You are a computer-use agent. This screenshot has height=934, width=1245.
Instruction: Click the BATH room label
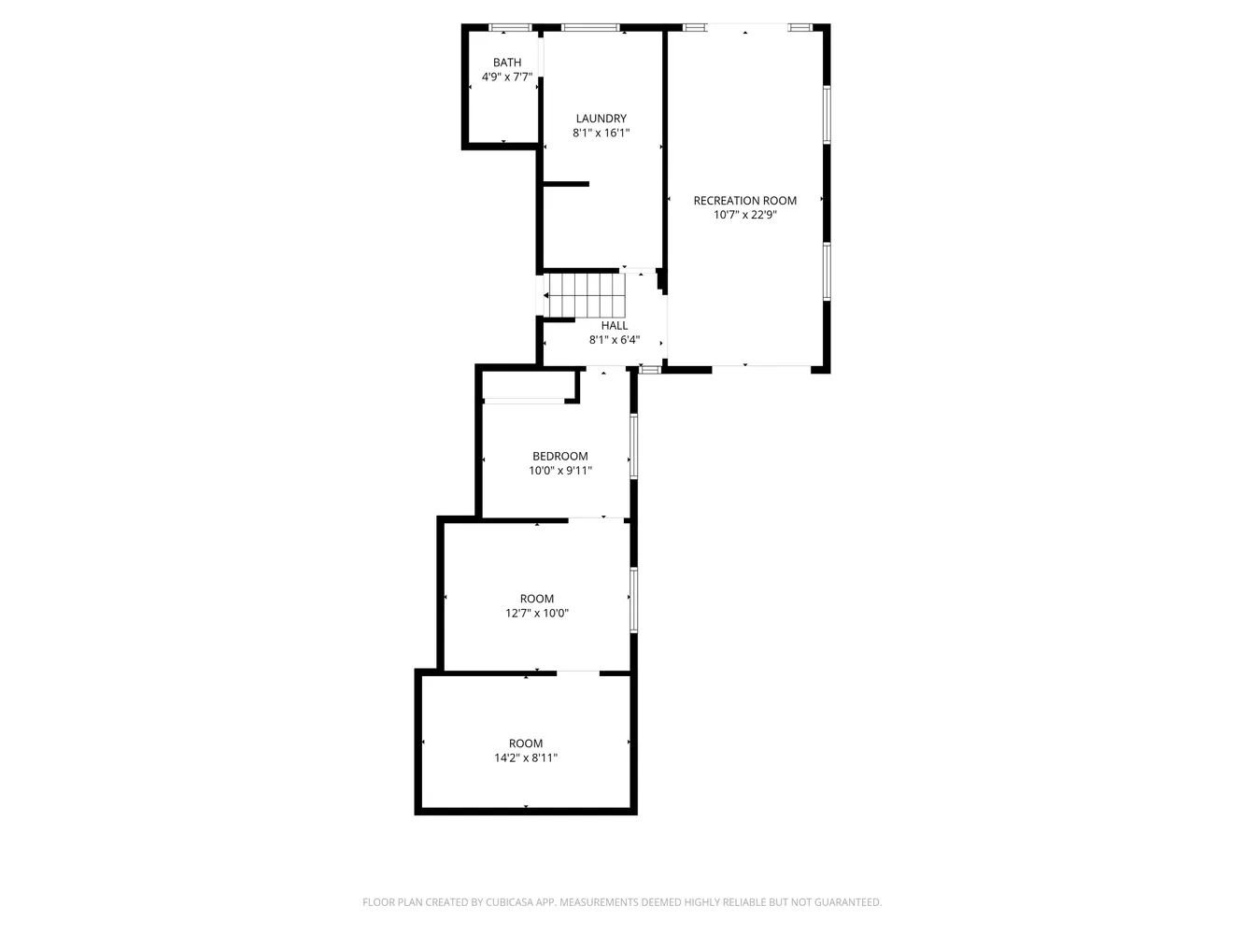[x=507, y=63]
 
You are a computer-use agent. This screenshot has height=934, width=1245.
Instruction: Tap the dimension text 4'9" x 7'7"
[x=507, y=78]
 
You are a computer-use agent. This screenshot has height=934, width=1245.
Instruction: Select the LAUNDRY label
[x=601, y=119]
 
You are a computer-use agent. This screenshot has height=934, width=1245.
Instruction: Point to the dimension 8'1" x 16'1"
[x=601, y=134]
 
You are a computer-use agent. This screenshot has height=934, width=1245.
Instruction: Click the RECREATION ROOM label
[x=744, y=201]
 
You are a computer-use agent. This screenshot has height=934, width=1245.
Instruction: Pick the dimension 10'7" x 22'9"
[x=744, y=215]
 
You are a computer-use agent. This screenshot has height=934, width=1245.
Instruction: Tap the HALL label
[x=615, y=326]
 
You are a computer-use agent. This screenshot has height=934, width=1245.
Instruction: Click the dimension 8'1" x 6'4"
[x=615, y=340]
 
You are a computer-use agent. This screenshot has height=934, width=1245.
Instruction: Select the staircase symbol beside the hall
[x=585, y=295]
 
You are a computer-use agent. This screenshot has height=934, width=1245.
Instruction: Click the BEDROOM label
[x=560, y=457]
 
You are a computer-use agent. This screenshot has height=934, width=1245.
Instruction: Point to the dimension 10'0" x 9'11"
[x=560, y=471]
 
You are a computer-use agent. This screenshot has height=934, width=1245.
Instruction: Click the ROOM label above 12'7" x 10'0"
[x=537, y=599]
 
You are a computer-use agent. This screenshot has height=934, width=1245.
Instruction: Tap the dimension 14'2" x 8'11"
[x=526, y=758]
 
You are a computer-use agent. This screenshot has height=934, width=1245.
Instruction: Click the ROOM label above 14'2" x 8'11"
[x=526, y=743]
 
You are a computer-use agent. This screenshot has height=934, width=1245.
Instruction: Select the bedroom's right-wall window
[x=633, y=446]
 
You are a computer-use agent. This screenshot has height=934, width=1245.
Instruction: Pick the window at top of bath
[x=510, y=27]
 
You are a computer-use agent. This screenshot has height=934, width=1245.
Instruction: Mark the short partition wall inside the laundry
[x=566, y=184]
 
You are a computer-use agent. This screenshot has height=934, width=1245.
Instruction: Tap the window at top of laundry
[x=590, y=27]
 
